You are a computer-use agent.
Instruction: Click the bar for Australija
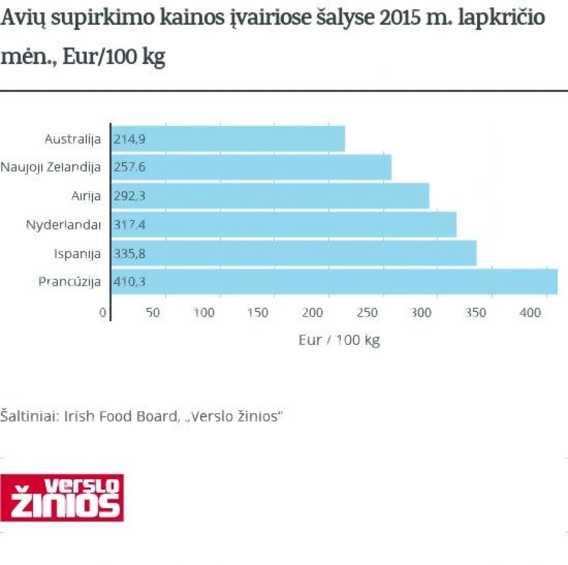(228, 139)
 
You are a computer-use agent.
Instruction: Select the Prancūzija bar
(334, 282)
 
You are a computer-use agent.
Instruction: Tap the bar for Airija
(270, 196)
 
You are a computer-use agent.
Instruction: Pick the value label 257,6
(130, 167)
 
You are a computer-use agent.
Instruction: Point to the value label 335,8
(130, 253)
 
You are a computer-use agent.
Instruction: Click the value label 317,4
(130, 225)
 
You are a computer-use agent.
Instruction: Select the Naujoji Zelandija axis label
(51, 167)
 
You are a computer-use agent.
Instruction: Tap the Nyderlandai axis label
(63, 225)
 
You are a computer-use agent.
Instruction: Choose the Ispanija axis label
(77, 253)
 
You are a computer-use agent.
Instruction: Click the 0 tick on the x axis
(103, 313)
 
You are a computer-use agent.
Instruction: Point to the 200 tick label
(312, 313)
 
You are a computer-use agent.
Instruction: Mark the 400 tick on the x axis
(530, 313)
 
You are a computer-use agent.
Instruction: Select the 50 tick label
(153, 313)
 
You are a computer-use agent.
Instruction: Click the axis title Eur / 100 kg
(339, 340)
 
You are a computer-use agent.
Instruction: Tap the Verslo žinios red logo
(62, 498)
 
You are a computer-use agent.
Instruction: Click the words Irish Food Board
(120, 416)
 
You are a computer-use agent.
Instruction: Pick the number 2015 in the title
(399, 17)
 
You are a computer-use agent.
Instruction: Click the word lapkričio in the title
(501, 17)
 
